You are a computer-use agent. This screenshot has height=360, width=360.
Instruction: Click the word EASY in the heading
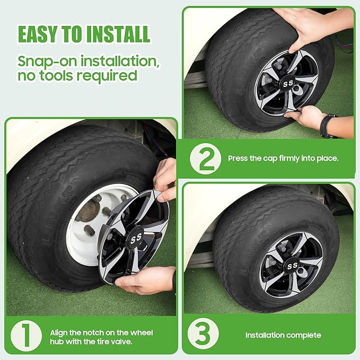coord(38,34)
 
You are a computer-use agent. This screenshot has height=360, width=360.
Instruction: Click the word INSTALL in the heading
coord(118,34)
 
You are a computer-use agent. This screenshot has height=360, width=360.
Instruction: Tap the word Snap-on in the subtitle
coord(47,62)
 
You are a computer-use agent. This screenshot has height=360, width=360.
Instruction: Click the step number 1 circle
coord(26,336)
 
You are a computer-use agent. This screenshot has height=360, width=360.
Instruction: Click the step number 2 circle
coord(206,159)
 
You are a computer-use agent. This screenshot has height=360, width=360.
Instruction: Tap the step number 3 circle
coord(203,334)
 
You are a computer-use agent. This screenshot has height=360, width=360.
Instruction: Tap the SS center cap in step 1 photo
coord(136,238)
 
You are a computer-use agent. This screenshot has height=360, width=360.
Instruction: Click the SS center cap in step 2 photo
coord(288,84)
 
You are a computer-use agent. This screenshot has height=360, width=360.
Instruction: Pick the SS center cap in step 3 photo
coord(293,266)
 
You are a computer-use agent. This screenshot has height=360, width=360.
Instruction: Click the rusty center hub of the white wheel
coord(90,210)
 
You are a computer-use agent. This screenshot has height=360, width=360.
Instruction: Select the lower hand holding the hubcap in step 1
coord(145,279)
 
